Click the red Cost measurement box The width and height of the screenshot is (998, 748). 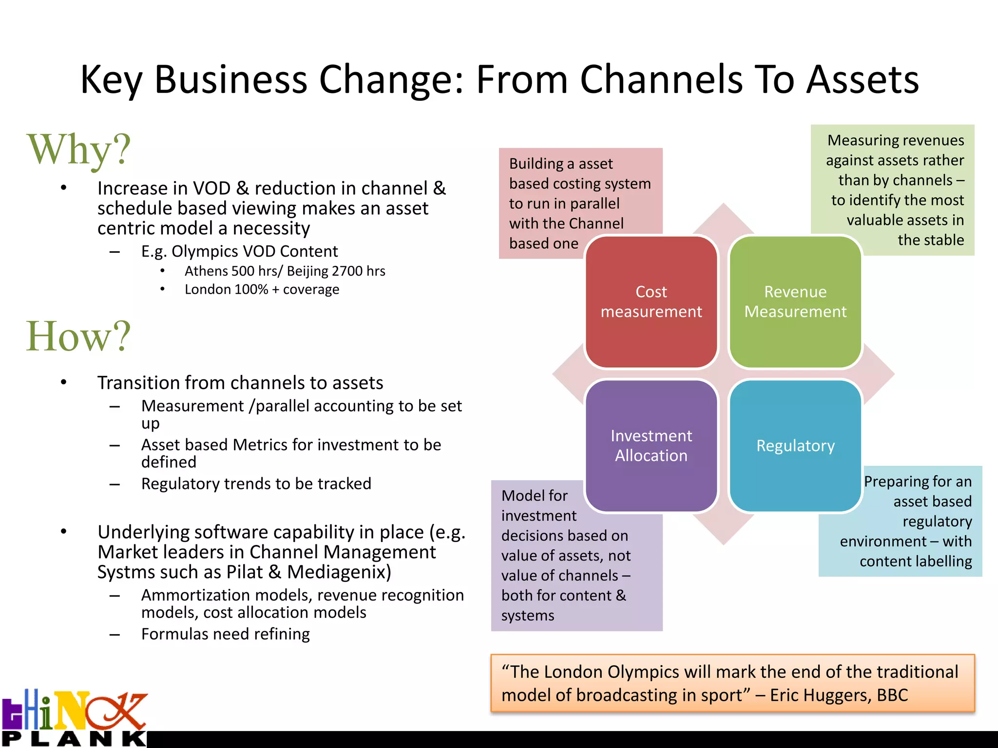tap(651, 301)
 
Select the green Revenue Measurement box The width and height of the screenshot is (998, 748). tap(795, 301)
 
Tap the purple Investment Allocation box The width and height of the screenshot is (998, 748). tap(651, 446)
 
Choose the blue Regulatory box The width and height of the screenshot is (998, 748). tap(795, 446)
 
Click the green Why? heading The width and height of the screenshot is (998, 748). tap(78, 150)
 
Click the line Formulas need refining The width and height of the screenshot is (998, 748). tap(225, 634)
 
